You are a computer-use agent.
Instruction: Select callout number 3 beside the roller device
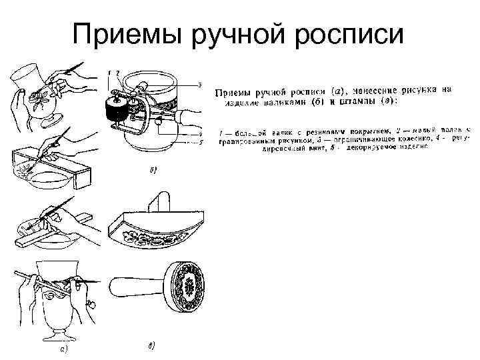click(199, 85)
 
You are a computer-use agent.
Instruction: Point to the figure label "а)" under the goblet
click(61, 348)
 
